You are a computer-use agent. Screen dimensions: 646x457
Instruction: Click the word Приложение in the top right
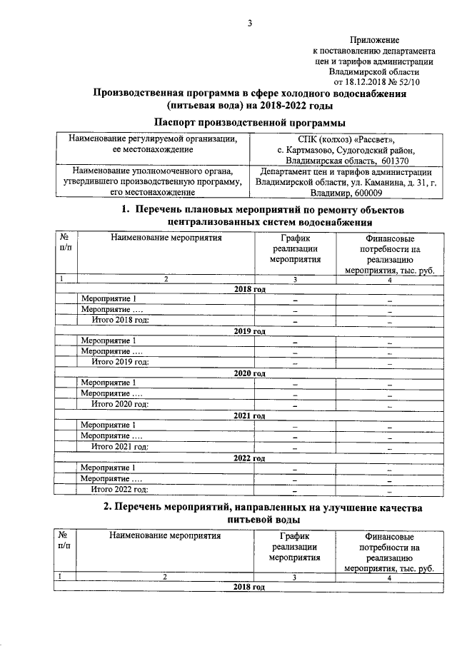pos(375,41)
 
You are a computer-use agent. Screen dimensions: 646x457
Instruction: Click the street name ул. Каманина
pos(366,182)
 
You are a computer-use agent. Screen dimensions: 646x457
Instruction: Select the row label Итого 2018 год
pos(119,321)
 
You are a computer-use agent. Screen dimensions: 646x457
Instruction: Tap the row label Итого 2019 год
pos(119,362)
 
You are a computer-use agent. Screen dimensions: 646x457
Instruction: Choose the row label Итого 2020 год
pos(119,404)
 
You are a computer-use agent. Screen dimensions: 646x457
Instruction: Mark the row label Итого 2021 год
pos(119,447)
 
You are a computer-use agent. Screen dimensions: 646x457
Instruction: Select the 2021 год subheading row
pos(250,415)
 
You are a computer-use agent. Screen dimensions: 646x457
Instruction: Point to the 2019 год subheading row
pos(250,331)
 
